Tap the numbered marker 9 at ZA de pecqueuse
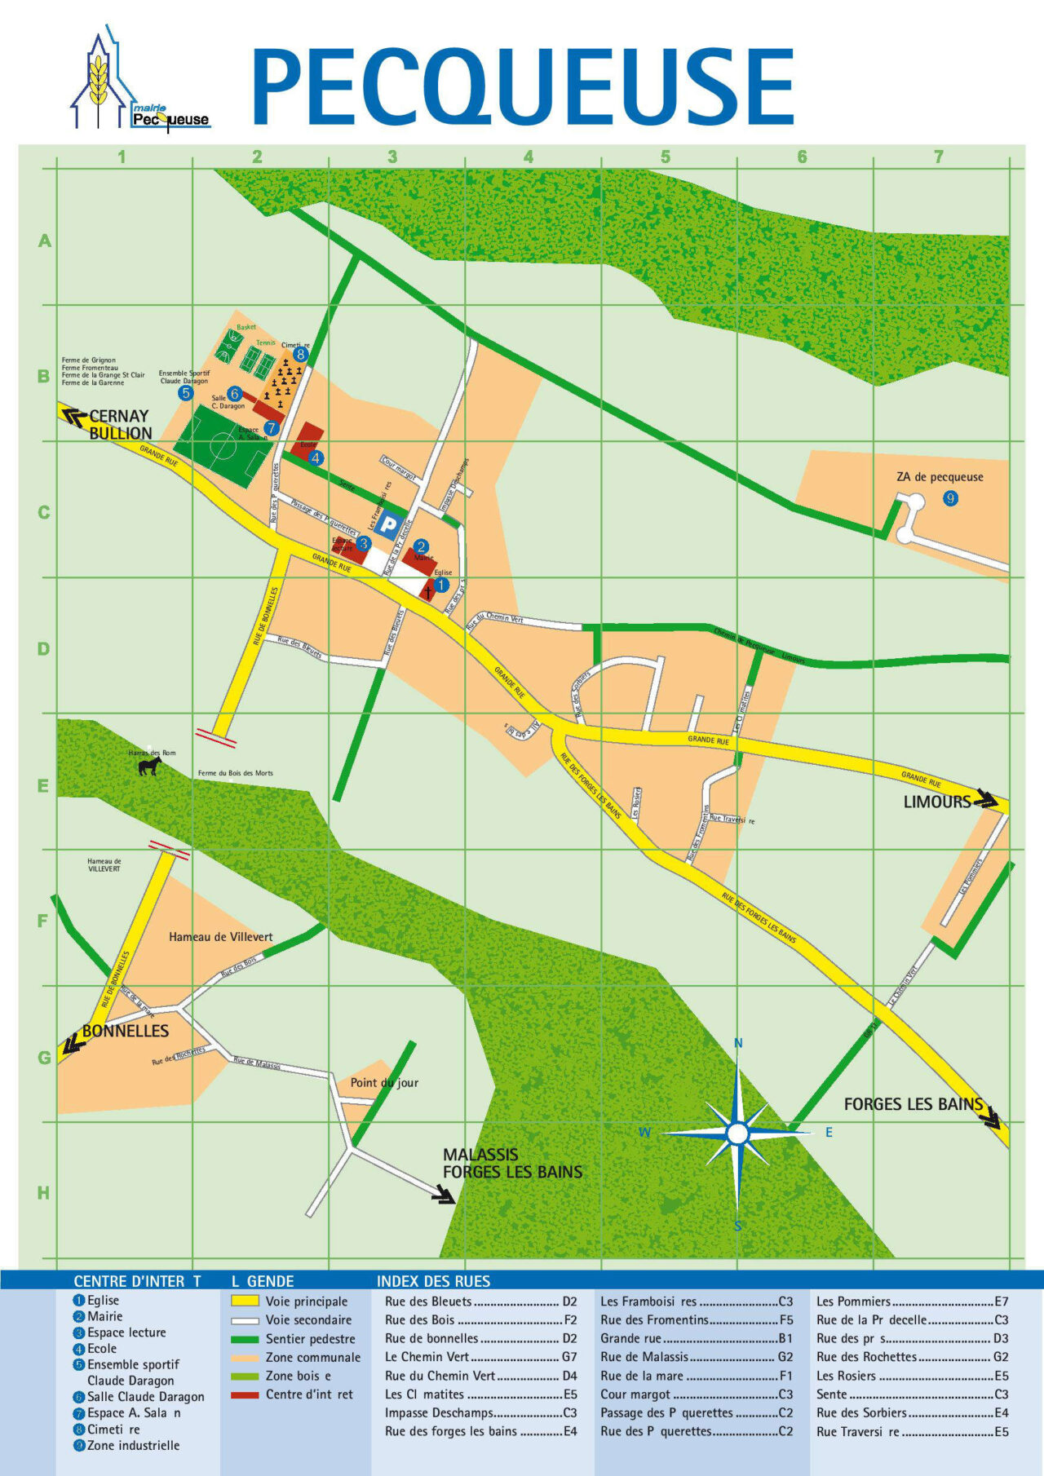point(950,498)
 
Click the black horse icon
point(149,766)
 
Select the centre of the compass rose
point(737,1134)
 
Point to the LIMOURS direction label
point(936,802)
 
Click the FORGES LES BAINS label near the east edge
point(913,1104)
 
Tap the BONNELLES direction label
point(125,1031)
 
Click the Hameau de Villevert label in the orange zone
point(220,937)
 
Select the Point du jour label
point(384,1083)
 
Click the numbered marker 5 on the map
point(186,393)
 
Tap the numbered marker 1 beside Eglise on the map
point(441,585)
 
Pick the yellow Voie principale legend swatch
point(245,1301)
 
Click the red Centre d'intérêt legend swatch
point(245,1394)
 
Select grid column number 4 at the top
point(529,157)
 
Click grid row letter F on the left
point(43,921)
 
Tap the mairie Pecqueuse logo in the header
point(139,82)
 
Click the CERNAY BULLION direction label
point(120,424)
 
